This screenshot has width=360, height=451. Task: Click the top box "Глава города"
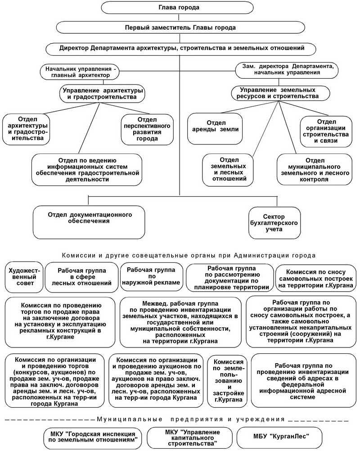tap(178, 8)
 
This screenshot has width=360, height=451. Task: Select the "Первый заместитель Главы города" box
tap(180, 27)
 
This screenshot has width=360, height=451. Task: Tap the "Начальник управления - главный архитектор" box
tap(79, 72)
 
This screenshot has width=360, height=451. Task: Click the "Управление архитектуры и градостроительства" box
tap(102, 94)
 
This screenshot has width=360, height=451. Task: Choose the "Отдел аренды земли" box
tap(215, 128)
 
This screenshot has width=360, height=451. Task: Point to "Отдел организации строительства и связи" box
tap(326, 131)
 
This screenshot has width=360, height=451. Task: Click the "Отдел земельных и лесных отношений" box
tap(228, 170)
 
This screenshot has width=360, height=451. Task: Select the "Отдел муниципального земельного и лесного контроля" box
tap(314, 170)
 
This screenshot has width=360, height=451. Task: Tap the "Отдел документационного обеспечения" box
tap(89, 222)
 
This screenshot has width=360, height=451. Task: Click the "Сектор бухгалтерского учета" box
tap(274, 223)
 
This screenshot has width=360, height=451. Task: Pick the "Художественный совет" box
tap(24, 277)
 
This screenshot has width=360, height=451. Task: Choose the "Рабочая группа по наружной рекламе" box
tap(151, 276)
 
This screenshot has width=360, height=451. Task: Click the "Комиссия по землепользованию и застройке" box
tap(228, 380)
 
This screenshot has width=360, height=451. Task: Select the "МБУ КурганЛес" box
tap(281, 436)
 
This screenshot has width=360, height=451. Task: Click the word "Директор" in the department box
tap(74, 48)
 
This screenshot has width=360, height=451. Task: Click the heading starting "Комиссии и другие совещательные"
tap(189, 255)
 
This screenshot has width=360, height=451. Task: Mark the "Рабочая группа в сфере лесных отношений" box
tap(81, 277)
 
